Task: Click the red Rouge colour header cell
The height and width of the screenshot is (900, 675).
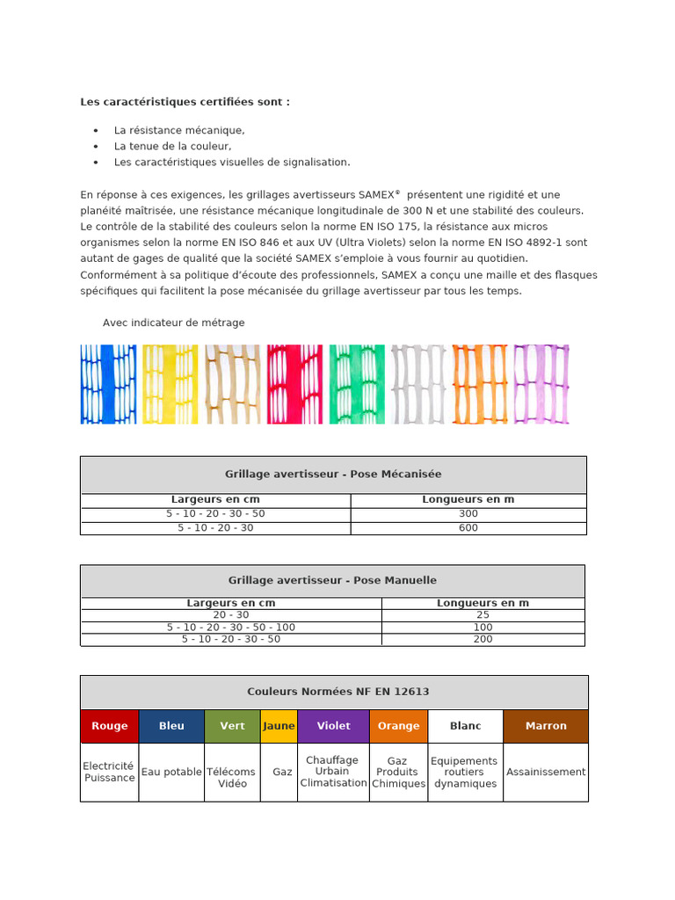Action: tap(109, 726)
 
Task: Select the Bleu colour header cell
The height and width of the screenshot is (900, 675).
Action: tap(171, 726)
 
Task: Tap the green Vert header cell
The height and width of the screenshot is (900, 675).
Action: tap(232, 726)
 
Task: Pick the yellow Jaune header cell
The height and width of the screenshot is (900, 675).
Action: tap(279, 726)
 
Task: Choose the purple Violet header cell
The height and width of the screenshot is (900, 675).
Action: tap(333, 726)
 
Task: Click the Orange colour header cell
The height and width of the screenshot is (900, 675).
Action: tap(398, 726)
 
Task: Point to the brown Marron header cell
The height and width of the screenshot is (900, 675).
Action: tap(546, 726)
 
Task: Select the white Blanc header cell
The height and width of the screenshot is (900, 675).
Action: tap(465, 726)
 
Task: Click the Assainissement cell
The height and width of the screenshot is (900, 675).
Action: tap(546, 772)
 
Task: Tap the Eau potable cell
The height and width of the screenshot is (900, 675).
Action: tap(171, 772)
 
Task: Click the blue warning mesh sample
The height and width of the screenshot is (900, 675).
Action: tap(108, 384)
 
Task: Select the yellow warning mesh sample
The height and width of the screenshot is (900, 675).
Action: tap(171, 384)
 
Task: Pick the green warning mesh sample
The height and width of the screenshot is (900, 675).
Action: tap(357, 384)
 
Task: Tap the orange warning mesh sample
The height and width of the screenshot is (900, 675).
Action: tap(480, 384)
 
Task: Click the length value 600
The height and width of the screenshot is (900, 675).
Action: tap(468, 528)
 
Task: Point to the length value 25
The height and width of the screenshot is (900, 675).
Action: tap(483, 615)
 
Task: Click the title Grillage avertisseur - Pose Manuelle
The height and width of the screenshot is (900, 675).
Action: tap(332, 580)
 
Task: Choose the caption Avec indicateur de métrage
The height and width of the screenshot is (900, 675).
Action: tap(174, 323)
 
